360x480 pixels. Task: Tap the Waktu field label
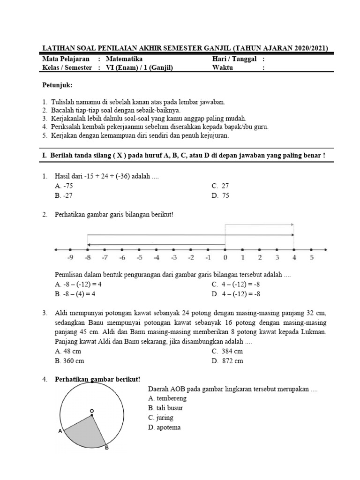click(223, 67)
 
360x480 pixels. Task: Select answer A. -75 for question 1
click(64, 186)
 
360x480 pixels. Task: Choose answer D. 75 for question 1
click(220, 195)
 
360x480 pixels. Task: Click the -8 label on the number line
click(87, 258)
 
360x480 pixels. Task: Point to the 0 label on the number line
click(225, 258)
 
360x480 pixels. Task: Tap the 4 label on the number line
click(294, 258)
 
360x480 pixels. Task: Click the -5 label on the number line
click(139, 258)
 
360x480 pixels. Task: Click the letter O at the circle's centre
click(92, 411)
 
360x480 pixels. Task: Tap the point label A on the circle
click(60, 431)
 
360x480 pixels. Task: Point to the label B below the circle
click(106, 448)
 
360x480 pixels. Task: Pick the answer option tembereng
click(167, 398)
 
